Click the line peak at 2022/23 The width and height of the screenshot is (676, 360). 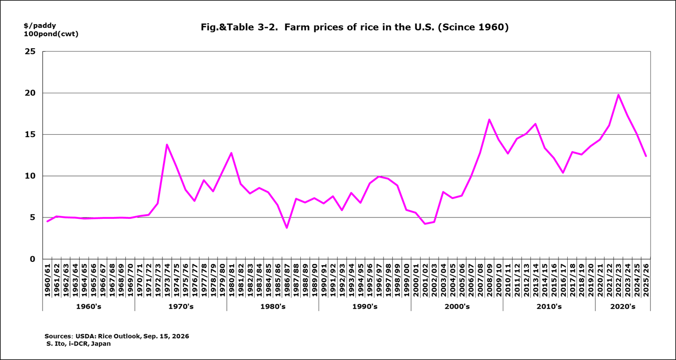click(x=618, y=95)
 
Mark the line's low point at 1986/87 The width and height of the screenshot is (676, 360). click(x=287, y=228)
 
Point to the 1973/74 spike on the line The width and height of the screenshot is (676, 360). click(x=167, y=144)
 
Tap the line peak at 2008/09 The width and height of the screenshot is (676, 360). click(x=489, y=120)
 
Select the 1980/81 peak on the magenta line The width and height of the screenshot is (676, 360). click(x=232, y=153)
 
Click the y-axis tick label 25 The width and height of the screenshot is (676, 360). click(x=30, y=52)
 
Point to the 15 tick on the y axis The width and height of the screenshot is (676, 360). click(x=30, y=134)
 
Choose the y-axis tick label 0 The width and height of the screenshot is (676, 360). click(x=32, y=259)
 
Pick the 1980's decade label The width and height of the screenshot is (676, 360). click(x=273, y=307)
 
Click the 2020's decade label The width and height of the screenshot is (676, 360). click(x=623, y=307)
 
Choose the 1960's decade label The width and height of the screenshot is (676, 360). click(x=88, y=307)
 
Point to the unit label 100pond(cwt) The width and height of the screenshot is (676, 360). click(x=51, y=34)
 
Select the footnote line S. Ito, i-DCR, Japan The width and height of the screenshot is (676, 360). click(x=78, y=344)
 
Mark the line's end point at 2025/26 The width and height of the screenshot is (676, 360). click(x=646, y=156)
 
